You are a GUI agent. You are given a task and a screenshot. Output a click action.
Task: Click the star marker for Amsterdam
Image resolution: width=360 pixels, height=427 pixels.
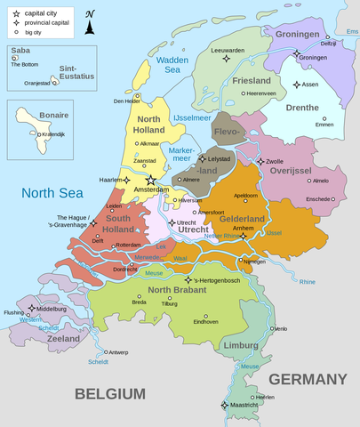click(150, 181)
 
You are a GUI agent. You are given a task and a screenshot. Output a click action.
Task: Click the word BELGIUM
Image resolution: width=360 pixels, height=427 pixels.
click(109, 392)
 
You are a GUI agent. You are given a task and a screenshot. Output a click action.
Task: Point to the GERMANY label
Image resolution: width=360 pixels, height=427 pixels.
click(308, 379)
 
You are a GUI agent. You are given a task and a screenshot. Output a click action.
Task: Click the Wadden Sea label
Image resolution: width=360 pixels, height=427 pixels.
click(172, 65)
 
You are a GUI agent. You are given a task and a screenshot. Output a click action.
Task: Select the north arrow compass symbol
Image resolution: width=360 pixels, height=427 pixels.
click(90, 24)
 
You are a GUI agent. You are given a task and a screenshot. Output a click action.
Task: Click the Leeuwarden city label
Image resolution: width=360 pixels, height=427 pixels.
click(228, 51)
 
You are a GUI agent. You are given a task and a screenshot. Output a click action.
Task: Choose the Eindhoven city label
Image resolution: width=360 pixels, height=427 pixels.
click(206, 321)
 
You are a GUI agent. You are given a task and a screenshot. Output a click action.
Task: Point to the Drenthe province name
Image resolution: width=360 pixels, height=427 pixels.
click(302, 108)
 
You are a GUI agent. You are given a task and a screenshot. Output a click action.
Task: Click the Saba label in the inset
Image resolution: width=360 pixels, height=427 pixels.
click(20, 51)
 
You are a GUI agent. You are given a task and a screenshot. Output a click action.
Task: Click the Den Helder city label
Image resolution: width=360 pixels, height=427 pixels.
click(127, 101)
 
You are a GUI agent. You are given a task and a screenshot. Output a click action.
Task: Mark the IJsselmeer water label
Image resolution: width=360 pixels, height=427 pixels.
click(191, 117)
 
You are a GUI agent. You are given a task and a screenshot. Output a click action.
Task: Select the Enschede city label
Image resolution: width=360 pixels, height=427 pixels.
click(317, 199)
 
